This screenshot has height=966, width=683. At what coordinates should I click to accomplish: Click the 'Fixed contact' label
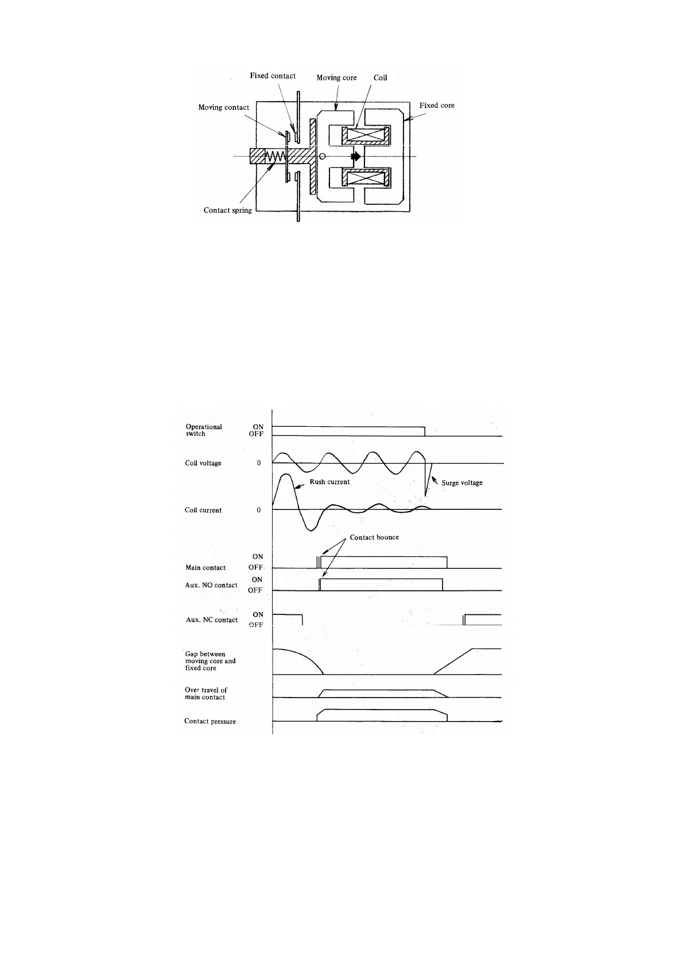273,76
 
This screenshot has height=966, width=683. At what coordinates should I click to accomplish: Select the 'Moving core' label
336,77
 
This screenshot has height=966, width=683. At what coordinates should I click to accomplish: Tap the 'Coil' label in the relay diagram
381,77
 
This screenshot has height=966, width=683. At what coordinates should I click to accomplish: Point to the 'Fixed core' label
437,106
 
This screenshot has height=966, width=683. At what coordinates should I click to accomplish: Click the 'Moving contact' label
224,107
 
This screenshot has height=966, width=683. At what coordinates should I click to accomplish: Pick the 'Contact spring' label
228,210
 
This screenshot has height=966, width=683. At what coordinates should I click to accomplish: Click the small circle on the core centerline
323,156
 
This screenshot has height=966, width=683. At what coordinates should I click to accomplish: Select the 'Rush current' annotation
329,482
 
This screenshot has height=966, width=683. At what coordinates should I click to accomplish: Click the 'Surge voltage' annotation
462,483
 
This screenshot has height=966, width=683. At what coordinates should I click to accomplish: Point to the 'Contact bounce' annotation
374,537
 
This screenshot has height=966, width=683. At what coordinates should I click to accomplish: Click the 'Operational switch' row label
203,430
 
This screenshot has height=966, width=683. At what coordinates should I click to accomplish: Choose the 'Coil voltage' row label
203,463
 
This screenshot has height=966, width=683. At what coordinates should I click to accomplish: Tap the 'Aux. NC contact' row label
212,620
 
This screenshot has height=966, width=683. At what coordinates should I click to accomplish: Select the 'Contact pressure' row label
210,721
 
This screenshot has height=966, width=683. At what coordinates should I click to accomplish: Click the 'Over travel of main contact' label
205,694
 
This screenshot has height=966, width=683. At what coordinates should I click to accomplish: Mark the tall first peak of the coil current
286,476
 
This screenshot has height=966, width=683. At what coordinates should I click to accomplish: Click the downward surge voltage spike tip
425,496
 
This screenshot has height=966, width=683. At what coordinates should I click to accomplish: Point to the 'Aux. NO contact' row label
211,585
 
